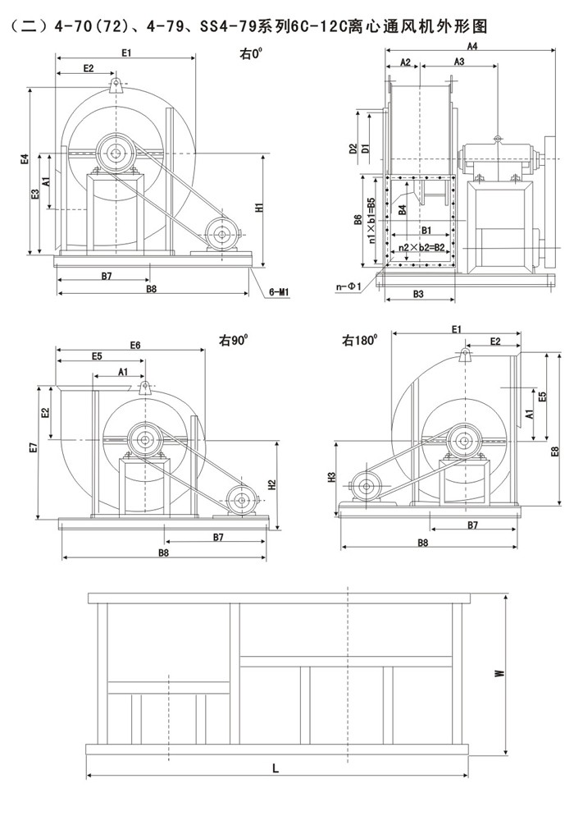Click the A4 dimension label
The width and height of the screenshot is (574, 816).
[x=471, y=46]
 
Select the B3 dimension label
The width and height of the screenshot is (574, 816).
[x=417, y=293]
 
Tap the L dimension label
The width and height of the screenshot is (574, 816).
[x=276, y=768]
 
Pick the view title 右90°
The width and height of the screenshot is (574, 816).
[x=233, y=338]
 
